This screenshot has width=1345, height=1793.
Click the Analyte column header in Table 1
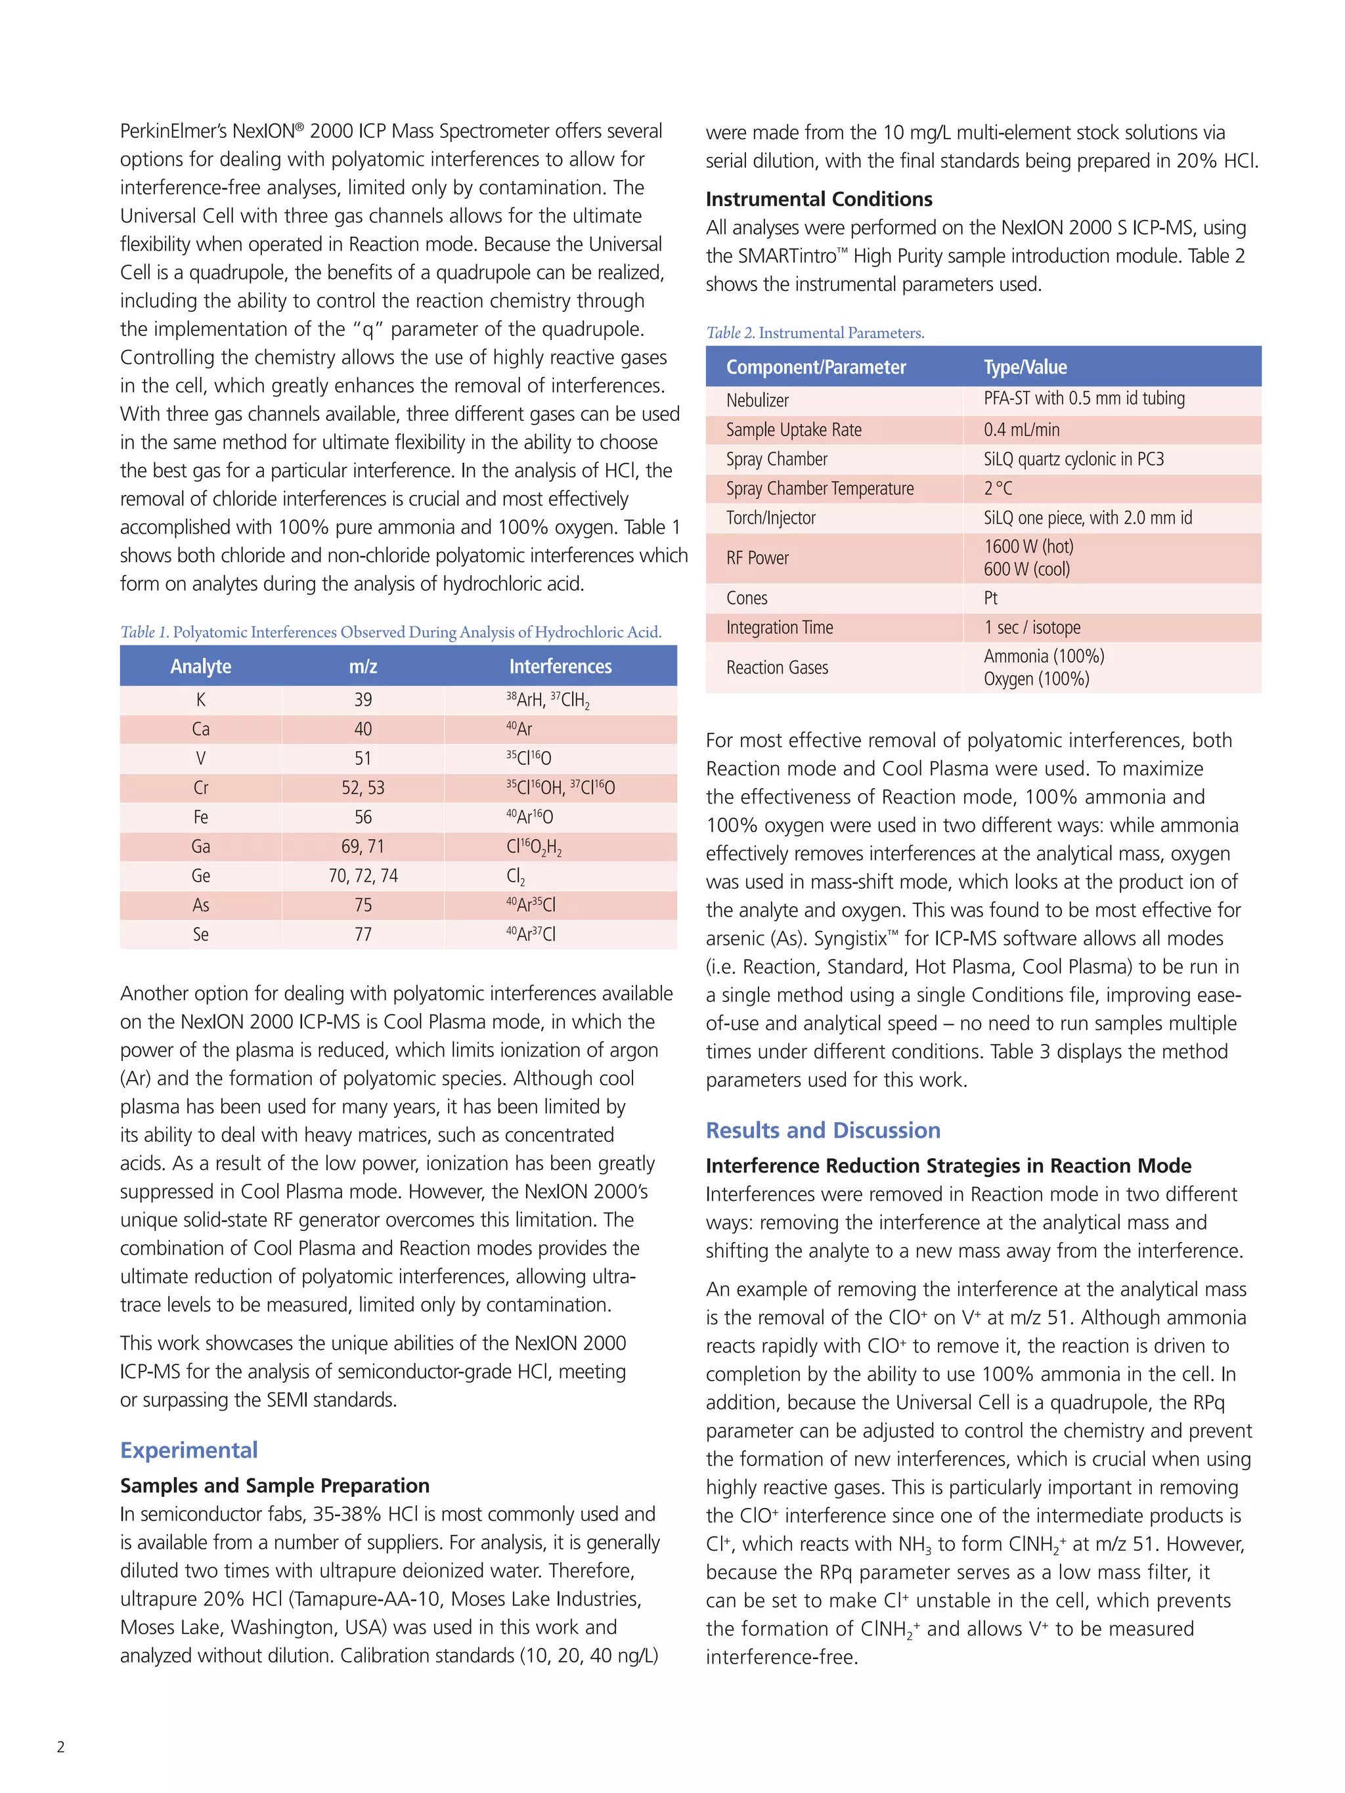[x=200, y=666]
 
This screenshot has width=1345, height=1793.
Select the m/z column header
[x=363, y=666]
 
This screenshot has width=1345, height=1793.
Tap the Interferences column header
[x=560, y=666]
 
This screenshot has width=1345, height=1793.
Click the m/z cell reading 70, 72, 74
[x=363, y=875]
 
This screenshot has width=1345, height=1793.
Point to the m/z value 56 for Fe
[x=363, y=817]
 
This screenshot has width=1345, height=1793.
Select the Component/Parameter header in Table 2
[x=816, y=367]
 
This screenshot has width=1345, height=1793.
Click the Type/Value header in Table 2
[x=1025, y=367]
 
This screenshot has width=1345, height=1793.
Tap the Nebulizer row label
[x=757, y=400]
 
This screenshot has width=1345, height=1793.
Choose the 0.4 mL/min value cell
[x=1021, y=429]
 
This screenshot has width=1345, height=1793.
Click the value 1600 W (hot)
[x=1028, y=546]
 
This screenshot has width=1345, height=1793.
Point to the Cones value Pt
[x=991, y=598]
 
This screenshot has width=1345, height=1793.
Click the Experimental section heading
[x=189, y=1450]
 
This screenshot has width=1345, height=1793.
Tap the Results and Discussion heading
[x=823, y=1130]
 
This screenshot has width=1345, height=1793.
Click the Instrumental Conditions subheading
[x=819, y=200]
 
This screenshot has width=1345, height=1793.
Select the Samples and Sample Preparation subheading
[x=275, y=1486]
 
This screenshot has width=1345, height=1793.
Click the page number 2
[x=61, y=1747]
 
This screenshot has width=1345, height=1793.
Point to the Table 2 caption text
[x=815, y=333]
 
